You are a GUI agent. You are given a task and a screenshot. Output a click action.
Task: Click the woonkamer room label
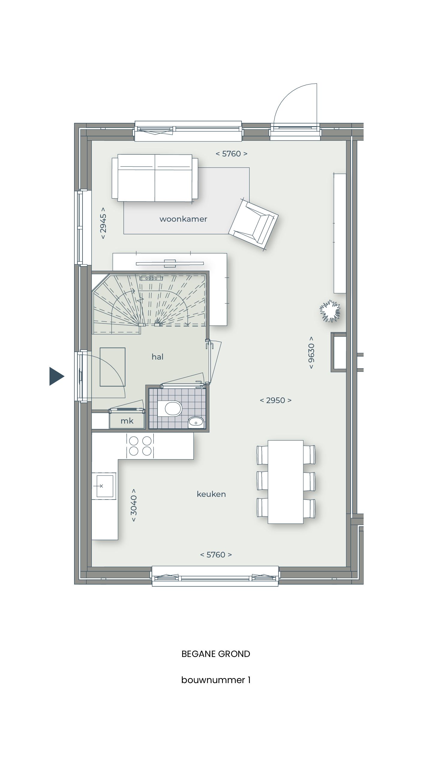[x=183, y=219]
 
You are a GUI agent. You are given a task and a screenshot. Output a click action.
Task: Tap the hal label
[x=157, y=357]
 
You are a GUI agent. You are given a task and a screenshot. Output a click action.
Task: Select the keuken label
[x=211, y=494]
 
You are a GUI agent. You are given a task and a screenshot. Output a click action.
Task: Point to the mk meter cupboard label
[x=127, y=421]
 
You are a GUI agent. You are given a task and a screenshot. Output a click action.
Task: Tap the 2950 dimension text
[x=275, y=400]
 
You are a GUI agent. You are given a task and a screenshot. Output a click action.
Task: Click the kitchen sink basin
[x=103, y=485]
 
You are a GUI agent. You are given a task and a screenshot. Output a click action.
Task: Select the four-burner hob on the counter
[x=140, y=446]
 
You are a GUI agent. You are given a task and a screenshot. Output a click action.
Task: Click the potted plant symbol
[x=330, y=311]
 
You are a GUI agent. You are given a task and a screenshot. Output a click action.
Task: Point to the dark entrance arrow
[x=56, y=376]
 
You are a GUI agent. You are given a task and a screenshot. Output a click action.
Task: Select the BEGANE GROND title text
[x=216, y=654]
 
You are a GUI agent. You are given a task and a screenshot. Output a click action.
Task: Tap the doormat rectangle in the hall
[x=112, y=367]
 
